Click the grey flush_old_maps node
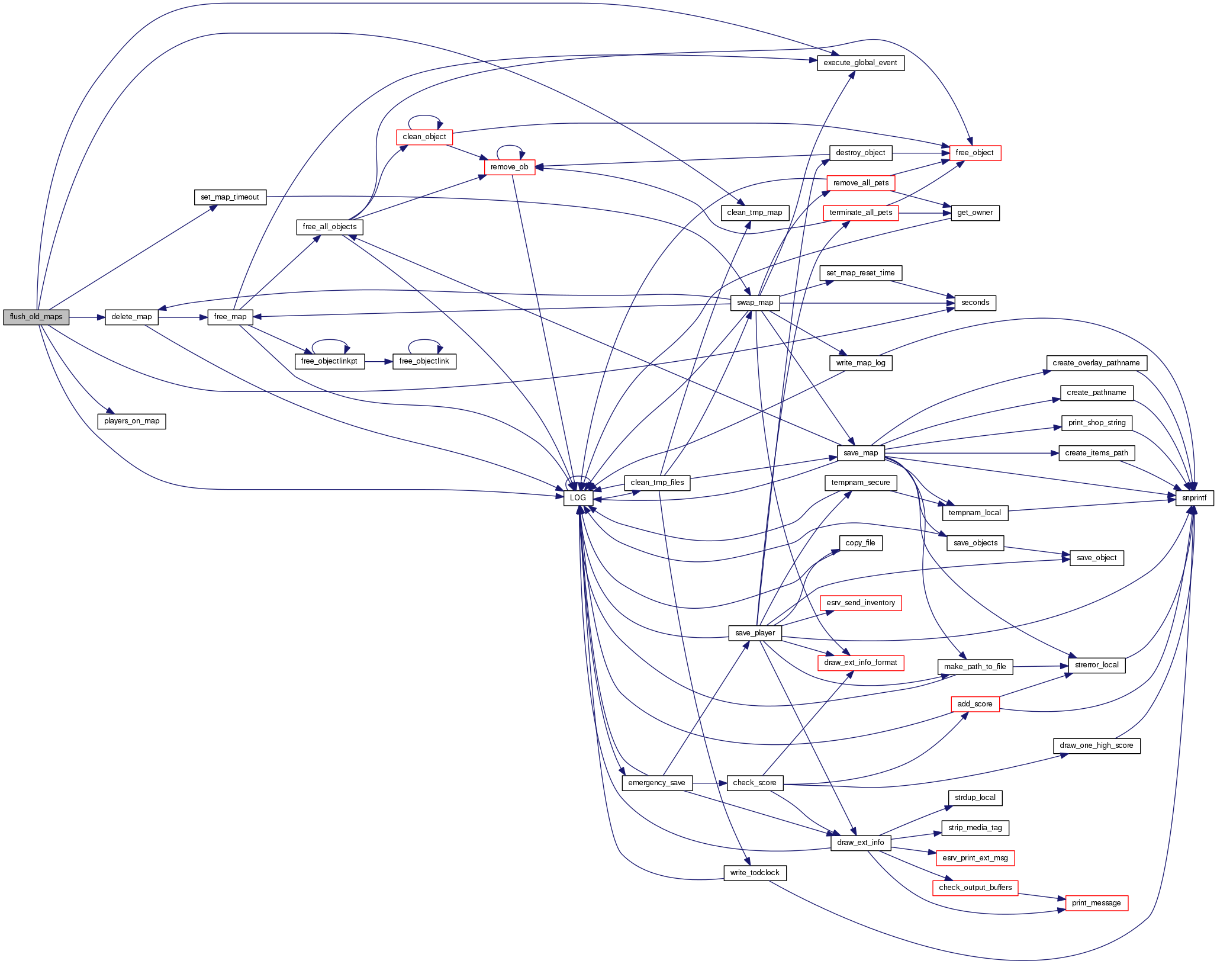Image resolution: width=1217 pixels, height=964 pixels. click(x=36, y=317)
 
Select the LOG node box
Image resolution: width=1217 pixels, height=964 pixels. click(x=578, y=498)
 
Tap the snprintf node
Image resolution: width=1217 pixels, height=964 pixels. click(x=1194, y=498)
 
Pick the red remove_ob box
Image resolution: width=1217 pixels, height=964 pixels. click(x=509, y=167)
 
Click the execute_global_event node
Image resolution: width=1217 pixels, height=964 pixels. click(x=860, y=63)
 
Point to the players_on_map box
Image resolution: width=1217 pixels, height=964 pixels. click(x=131, y=421)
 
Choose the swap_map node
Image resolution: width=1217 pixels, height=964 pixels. click(x=755, y=303)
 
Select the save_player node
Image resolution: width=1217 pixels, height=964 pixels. click(x=755, y=633)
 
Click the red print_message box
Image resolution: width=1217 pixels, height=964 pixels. click(x=1096, y=903)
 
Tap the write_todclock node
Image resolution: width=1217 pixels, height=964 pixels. click(x=755, y=873)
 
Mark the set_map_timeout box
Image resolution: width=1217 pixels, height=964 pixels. click(x=230, y=197)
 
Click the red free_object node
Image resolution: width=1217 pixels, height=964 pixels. click(x=974, y=153)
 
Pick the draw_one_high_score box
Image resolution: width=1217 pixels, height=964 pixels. click(x=1096, y=746)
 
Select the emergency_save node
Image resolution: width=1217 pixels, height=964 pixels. click(x=656, y=783)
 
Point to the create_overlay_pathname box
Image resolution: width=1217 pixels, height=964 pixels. click(x=1096, y=363)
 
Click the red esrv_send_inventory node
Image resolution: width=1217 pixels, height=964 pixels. click(x=860, y=603)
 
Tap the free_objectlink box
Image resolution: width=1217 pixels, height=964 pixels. click(x=424, y=361)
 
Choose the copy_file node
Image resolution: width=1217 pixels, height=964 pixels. click(x=860, y=543)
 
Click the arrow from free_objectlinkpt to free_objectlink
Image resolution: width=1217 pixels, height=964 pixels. click(x=378, y=361)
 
